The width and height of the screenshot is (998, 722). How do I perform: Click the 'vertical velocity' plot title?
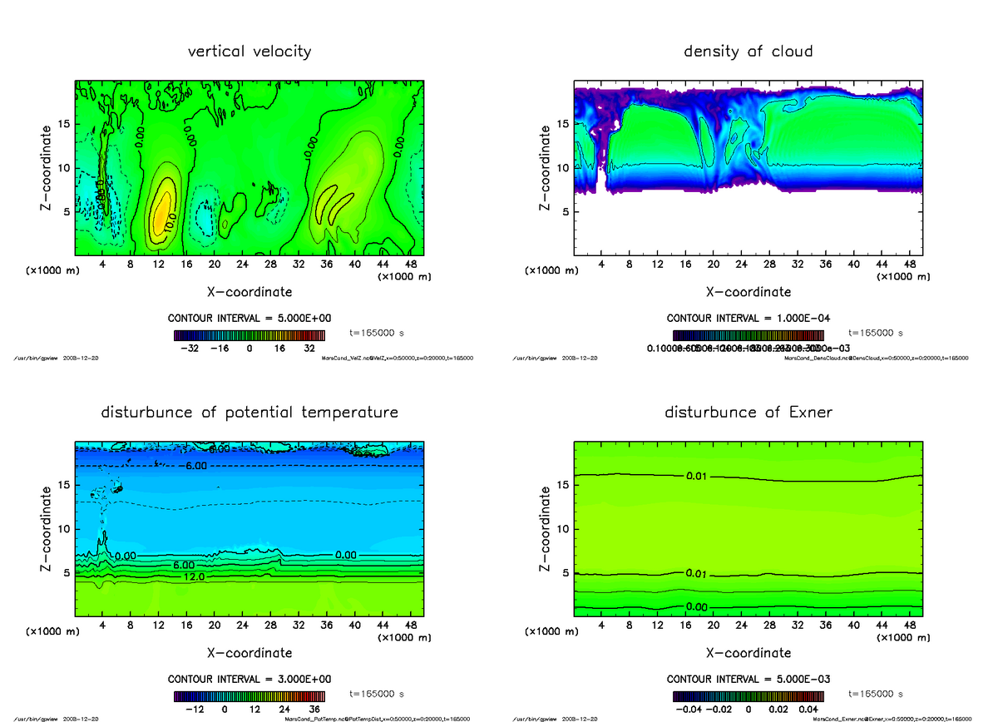pos(249,52)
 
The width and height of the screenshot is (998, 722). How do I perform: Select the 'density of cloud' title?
pos(748,52)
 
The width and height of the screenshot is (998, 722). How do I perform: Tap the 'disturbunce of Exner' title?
pos(748,413)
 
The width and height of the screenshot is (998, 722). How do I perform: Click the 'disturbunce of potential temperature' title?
pos(249,413)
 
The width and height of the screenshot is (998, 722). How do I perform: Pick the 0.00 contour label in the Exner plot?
pos(697,607)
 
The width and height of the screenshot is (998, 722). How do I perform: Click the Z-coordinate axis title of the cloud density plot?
pos(546,168)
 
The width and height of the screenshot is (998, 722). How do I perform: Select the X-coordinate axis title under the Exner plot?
pos(748,653)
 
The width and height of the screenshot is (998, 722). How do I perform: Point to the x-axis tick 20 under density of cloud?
pos(714,265)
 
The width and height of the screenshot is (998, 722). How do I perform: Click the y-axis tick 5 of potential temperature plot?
pos(66,572)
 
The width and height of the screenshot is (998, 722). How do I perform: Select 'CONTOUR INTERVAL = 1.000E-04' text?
pos(748,319)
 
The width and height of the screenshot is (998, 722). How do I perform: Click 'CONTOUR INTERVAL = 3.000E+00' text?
pos(249,679)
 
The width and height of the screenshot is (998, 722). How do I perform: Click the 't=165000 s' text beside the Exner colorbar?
pos(876,694)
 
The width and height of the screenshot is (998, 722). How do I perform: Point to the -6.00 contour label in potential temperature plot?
pos(196,466)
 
